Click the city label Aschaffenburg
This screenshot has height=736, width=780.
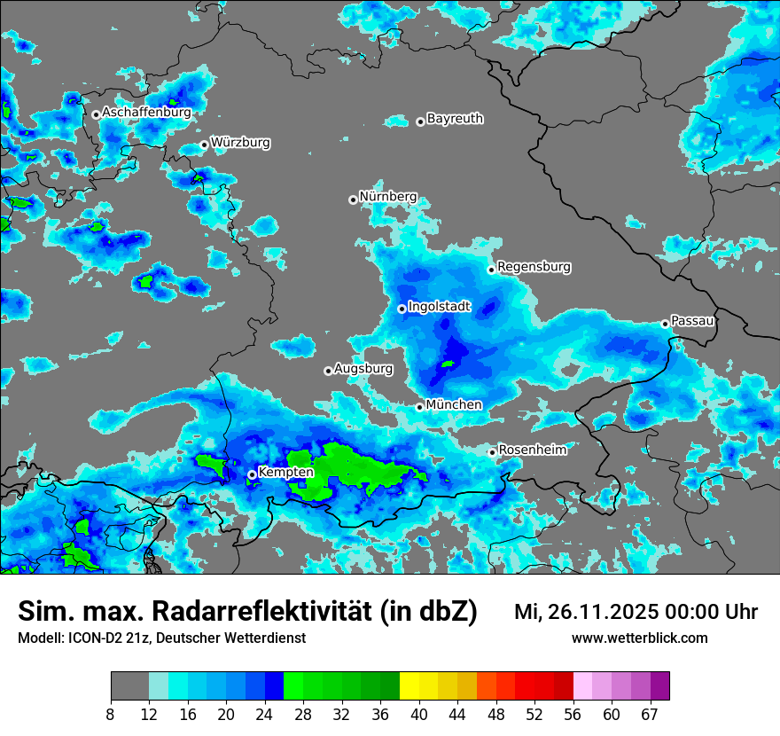146,113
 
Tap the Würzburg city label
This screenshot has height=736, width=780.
240,142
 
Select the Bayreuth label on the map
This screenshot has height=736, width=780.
455,118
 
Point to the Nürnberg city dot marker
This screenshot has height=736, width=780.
353,200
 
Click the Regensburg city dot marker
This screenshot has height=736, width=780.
491,269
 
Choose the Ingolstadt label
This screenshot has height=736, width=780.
439,307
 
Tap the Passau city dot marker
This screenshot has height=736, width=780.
665,324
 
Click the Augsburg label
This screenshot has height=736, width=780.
363,368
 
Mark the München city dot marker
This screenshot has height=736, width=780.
420,407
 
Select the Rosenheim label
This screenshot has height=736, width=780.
533,450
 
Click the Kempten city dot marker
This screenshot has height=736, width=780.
252,474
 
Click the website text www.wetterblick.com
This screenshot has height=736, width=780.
640,638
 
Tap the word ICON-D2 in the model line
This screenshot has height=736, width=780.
88,638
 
